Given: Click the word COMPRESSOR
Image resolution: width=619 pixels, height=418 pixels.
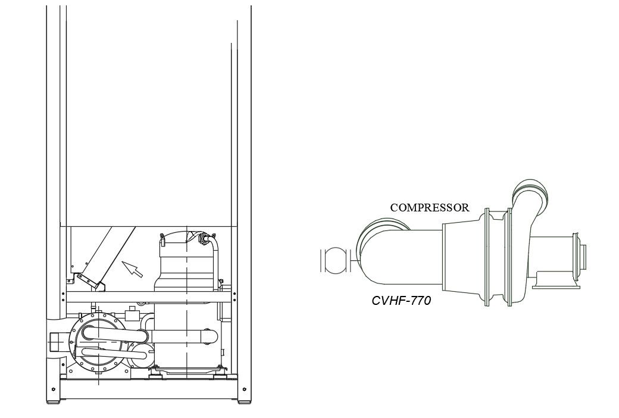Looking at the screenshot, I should point(430,208).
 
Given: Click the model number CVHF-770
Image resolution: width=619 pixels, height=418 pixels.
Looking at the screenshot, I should point(401,301).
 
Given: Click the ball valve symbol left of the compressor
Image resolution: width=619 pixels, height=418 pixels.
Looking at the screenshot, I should point(334,260).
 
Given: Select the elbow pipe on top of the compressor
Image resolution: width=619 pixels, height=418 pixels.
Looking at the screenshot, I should point(529,197).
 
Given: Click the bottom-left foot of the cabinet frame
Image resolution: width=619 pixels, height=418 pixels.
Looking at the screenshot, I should point(54,401).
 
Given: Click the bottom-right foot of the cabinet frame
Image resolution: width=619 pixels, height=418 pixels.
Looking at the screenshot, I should point(244,401).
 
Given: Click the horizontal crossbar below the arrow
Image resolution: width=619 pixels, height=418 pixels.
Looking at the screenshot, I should point(143,296).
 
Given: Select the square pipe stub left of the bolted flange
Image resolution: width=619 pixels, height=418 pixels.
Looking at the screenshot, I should point(57,344).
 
